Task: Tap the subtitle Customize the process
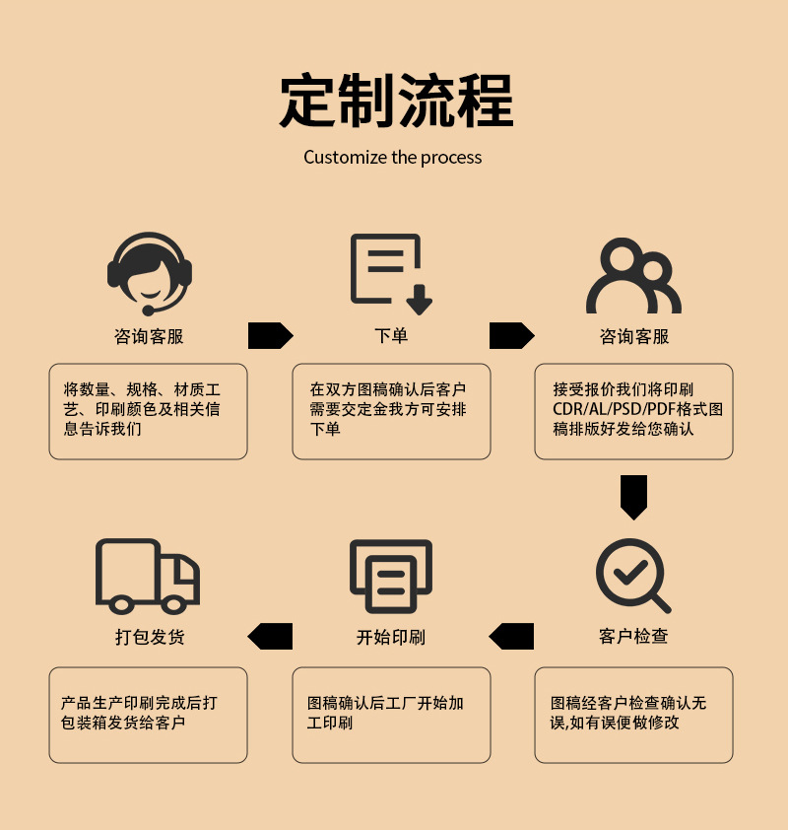(392, 158)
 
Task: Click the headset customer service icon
(149, 273)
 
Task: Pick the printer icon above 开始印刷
(391, 576)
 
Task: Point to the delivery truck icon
(148, 576)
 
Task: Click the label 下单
(391, 336)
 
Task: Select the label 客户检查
(633, 637)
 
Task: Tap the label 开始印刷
(391, 637)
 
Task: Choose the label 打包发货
(149, 637)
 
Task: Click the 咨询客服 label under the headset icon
(149, 336)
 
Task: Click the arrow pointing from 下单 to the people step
(511, 336)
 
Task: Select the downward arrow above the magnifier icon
(634, 497)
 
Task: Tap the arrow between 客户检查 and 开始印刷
(511, 636)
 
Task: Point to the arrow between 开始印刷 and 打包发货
(270, 636)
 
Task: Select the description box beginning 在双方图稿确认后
(391, 411)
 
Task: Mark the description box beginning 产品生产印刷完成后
(148, 715)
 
